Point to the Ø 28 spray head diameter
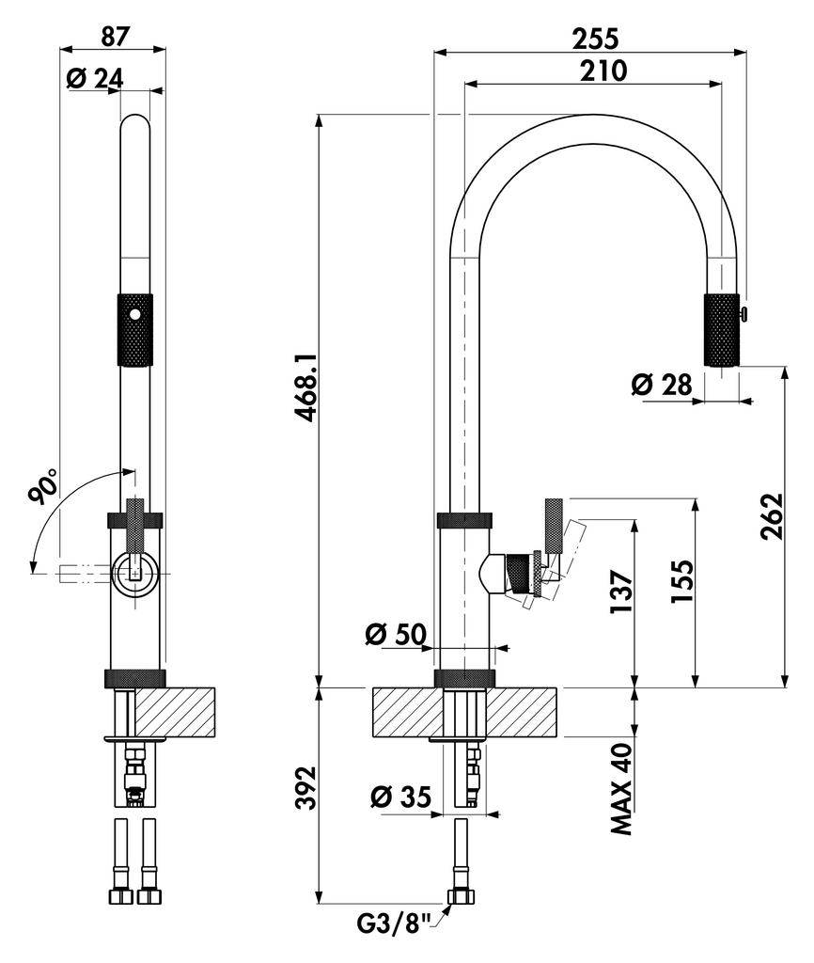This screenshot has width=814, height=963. pyautogui.click(x=662, y=384)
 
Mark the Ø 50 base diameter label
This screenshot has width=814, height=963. pyautogui.click(x=395, y=635)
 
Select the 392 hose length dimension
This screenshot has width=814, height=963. pyautogui.click(x=305, y=788)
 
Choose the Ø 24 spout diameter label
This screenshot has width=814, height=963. pyautogui.click(x=95, y=78)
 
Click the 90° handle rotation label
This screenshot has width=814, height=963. pyautogui.click(x=44, y=489)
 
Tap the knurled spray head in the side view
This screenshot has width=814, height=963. pyautogui.click(x=721, y=329)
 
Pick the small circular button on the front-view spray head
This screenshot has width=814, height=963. pyautogui.click(x=133, y=315)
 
